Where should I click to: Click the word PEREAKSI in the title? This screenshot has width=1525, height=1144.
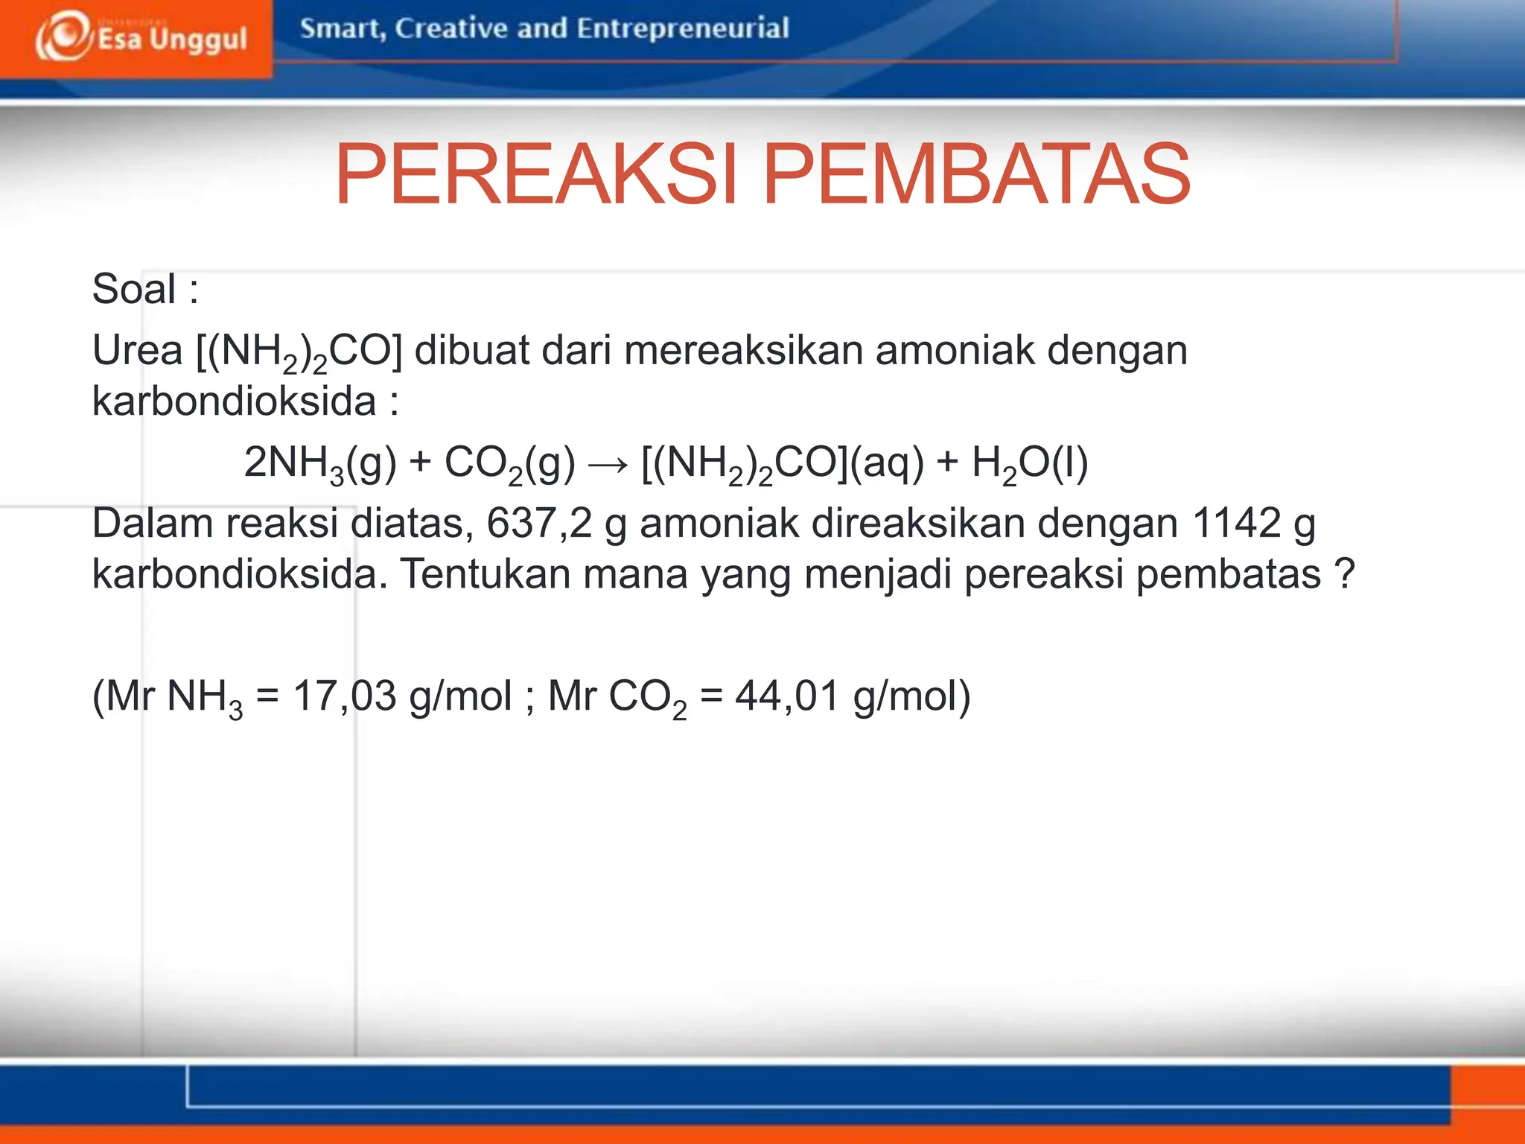click(x=535, y=174)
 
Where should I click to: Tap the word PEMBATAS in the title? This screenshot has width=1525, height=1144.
click(x=976, y=174)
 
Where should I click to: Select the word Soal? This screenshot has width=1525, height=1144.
click(x=134, y=289)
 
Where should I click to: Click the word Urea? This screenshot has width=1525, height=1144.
click(x=137, y=350)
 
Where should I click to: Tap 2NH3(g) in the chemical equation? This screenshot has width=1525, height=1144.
click(x=320, y=463)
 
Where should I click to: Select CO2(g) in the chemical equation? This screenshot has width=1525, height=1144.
click(x=509, y=463)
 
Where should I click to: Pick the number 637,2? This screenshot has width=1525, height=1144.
click(x=539, y=523)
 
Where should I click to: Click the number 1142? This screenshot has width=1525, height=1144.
click(x=1235, y=523)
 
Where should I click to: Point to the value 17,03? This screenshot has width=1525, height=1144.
click(x=344, y=696)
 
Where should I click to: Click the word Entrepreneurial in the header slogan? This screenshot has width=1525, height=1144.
click(x=682, y=28)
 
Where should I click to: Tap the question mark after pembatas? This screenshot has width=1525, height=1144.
click(x=1345, y=574)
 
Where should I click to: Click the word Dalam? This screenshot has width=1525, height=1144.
click(x=153, y=523)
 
